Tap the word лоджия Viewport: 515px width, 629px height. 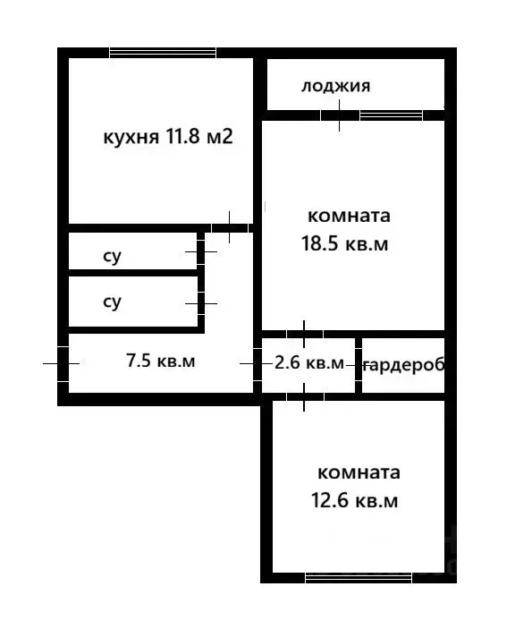pyautogui.click(x=335, y=87)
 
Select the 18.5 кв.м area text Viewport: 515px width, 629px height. pyautogui.click(x=348, y=244)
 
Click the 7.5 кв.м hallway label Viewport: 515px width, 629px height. pyautogui.click(x=160, y=361)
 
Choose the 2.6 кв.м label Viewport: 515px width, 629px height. pyautogui.click(x=308, y=363)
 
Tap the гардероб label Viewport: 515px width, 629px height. pyautogui.click(x=403, y=365)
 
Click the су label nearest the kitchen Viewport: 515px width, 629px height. pyautogui.click(x=112, y=257)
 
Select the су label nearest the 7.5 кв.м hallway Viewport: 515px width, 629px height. pyautogui.click(x=112, y=302)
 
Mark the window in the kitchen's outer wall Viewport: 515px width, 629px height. pyautogui.click(x=162, y=53)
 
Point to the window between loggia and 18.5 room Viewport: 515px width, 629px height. pyautogui.click(x=391, y=115)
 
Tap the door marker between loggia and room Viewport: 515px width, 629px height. pyautogui.click(x=339, y=115)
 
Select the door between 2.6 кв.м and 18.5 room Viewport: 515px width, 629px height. pyautogui.click(x=306, y=334)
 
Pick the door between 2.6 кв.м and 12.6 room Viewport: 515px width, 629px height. pyautogui.click(x=306, y=395)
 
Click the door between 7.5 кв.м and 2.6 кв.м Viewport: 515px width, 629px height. pyautogui.click(x=256, y=363)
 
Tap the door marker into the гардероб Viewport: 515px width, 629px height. pyautogui.click(x=359, y=365)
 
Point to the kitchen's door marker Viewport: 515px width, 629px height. pyautogui.click(x=230, y=227)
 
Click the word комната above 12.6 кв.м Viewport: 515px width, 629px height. pyautogui.click(x=358, y=472)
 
